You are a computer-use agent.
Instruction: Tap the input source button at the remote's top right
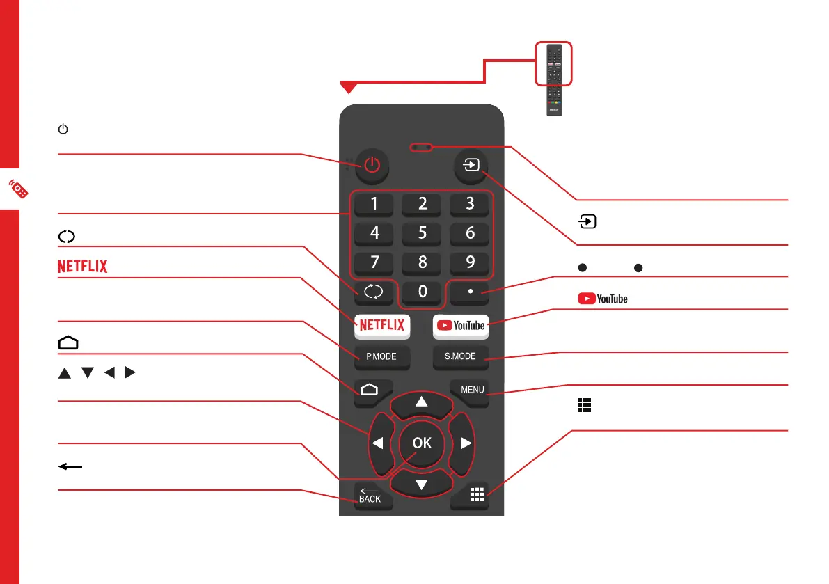click(470, 166)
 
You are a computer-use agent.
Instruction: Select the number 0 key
click(422, 292)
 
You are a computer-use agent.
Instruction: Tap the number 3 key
click(470, 204)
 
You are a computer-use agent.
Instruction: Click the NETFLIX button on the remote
click(382, 325)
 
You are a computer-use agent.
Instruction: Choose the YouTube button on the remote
click(460, 325)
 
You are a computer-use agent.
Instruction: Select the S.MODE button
click(460, 357)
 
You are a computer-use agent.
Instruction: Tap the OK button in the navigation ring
click(422, 443)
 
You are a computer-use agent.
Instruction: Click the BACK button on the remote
click(370, 496)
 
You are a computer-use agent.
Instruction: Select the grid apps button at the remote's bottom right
click(476, 496)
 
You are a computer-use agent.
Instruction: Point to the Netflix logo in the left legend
click(83, 266)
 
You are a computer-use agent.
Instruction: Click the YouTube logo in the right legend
click(602, 299)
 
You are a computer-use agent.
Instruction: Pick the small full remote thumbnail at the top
click(554, 77)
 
